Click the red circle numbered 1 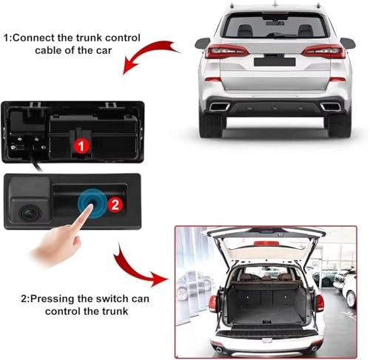82,146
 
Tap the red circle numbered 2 113,203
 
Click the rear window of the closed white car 272,26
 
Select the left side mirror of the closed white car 201,43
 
